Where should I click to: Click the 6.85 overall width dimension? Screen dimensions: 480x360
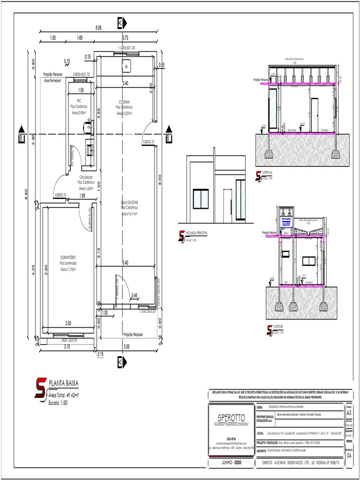(x=99, y=28)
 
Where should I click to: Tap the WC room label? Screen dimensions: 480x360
(x=80, y=101)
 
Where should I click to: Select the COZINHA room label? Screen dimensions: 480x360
(x=124, y=102)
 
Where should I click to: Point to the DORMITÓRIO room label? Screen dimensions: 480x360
(x=68, y=258)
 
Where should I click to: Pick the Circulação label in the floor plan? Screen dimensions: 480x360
(x=86, y=177)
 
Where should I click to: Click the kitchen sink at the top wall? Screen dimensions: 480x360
(x=127, y=66)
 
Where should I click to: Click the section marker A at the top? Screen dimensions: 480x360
(x=120, y=22)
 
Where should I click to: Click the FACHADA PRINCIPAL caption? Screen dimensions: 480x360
(x=196, y=233)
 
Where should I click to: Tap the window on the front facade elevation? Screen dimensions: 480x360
(x=201, y=199)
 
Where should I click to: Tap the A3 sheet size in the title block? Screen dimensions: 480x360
(x=349, y=413)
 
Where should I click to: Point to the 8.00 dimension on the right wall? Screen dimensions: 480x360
(x=160, y=178)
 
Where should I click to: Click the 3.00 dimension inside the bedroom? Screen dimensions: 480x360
(x=68, y=323)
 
